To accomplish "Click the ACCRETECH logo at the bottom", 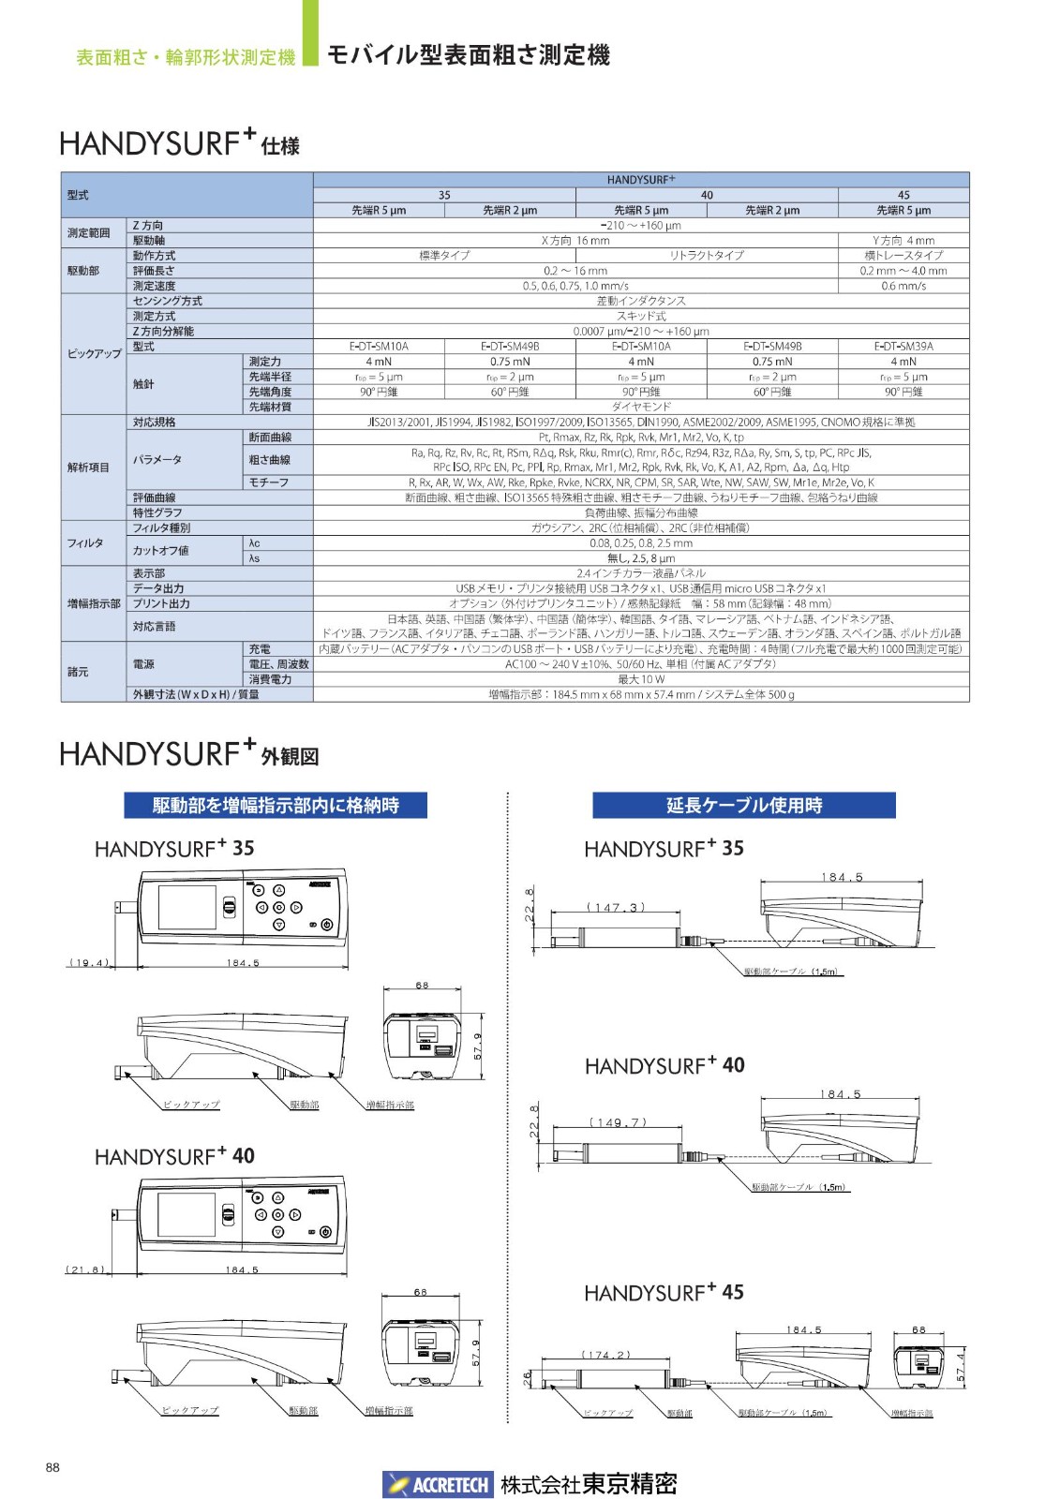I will pyautogui.click(x=437, y=1484).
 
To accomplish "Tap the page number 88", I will pyautogui.click(x=52, y=1467).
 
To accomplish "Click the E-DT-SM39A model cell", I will pyautogui.click(x=903, y=346).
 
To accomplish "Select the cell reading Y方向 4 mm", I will pyautogui.click(x=903, y=241).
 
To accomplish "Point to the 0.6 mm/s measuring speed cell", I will pyautogui.click(x=903, y=286).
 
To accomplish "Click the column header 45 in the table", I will pyautogui.click(x=903, y=195).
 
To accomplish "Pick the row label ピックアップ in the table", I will pyautogui.click(x=94, y=354).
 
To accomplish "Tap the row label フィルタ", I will pyautogui.click(x=85, y=543).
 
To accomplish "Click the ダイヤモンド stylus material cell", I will pyautogui.click(x=641, y=407).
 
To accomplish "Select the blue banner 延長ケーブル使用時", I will pyautogui.click(x=743, y=805).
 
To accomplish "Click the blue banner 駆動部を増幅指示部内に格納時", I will pyautogui.click(x=276, y=805).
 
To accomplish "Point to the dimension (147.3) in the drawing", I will pyautogui.click(x=616, y=907).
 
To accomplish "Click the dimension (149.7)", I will pyautogui.click(x=618, y=1122).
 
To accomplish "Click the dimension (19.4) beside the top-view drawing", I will pyautogui.click(x=89, y=962).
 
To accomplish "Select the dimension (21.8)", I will pyautogui.click(x=86, y=1269).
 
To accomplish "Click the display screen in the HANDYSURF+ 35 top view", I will pyautogui.click(x=187, y=907).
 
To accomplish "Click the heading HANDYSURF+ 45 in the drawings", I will pyautogui.click(x=664, y=1293).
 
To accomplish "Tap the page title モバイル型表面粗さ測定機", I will pyautogui.click(x=468, y=55).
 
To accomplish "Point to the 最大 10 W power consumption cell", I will pyautogui.click(x=641, y=679).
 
